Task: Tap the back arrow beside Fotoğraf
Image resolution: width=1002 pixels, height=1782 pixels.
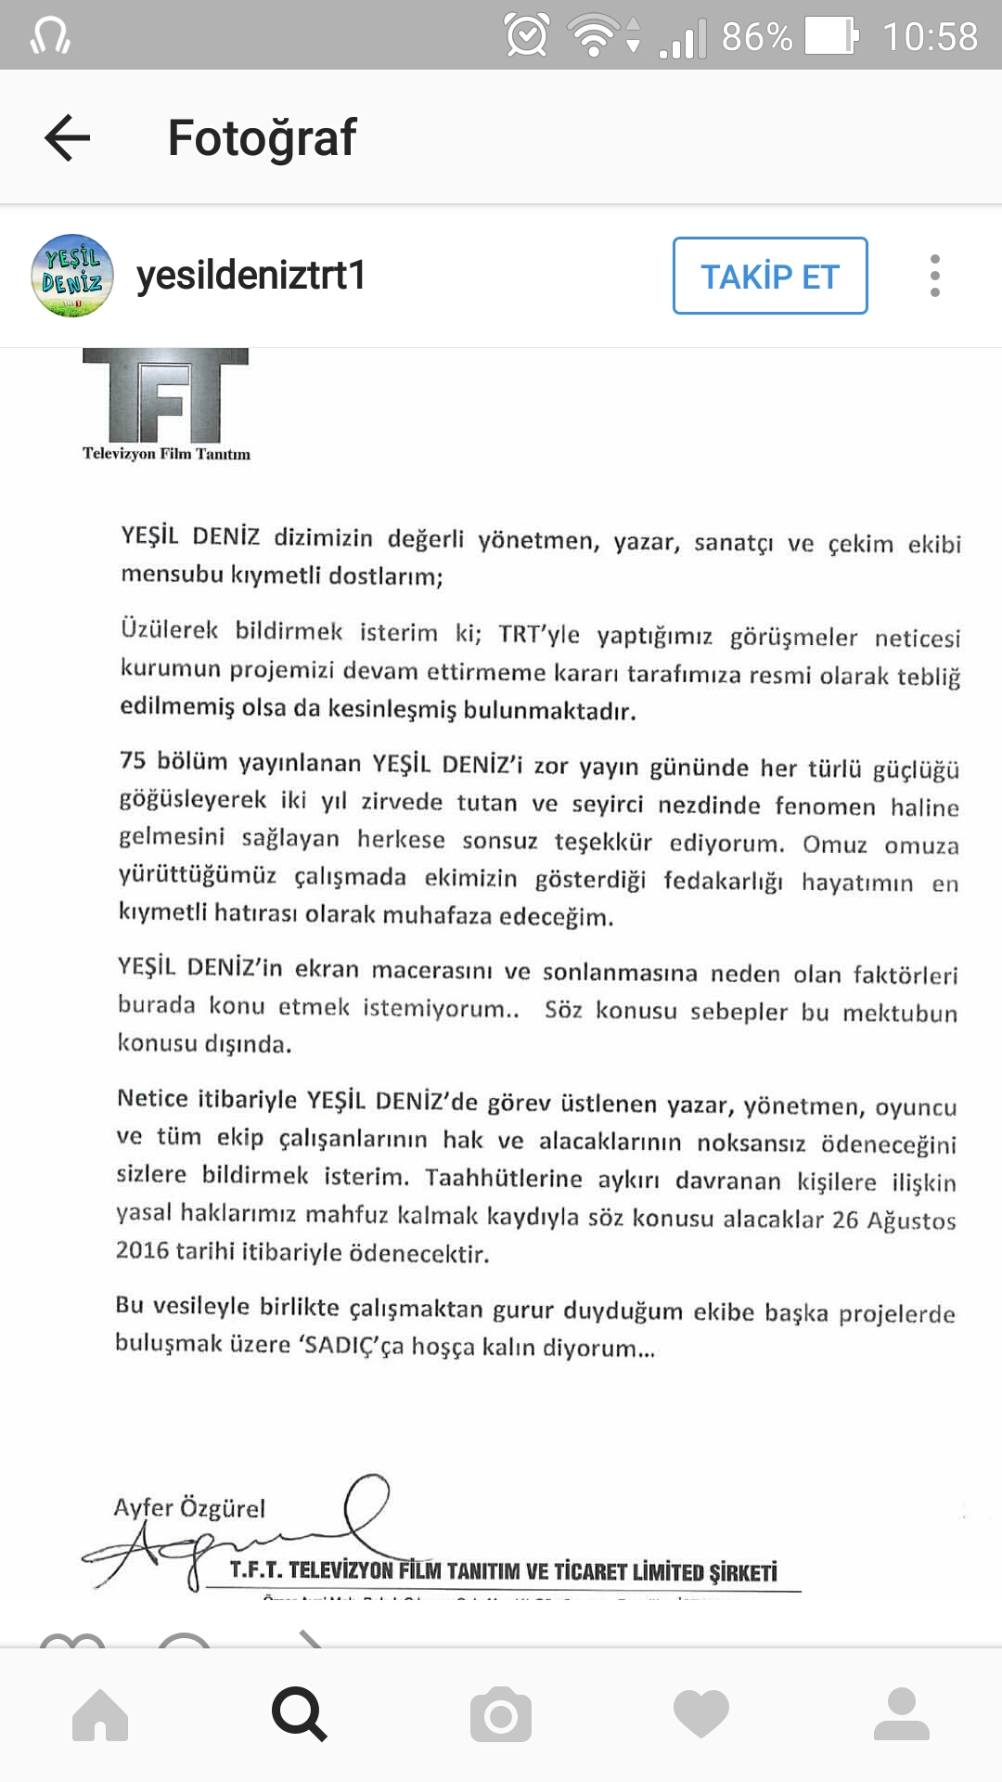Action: pos(68,137)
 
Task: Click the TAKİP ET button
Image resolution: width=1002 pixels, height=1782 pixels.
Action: pos(770,276)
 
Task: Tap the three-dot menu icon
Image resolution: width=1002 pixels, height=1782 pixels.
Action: pos(934,276)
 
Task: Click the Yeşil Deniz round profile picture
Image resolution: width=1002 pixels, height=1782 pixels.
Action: pos(72,276)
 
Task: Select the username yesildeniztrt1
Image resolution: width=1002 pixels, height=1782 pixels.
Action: pos(251,276)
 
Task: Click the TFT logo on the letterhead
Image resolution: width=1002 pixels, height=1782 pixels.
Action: pos(166,396)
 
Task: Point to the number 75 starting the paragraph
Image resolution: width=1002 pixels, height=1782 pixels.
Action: pos(133,760)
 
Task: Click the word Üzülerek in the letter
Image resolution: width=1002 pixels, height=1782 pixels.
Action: pos(169,630)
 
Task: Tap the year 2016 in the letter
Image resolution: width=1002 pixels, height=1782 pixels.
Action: pos(142,1250)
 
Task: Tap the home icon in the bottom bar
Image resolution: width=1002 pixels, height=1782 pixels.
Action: pos(100,1714)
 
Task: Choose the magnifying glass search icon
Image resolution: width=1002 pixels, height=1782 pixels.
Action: pos(299,1714)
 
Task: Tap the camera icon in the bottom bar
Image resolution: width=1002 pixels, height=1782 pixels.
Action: pos(501,1714)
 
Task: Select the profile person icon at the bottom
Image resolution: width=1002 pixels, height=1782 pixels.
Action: pos(901,1714)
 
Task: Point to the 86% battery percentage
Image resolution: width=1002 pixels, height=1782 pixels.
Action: pos(756,37)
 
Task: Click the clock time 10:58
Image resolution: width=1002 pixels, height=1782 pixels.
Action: pos(930,37)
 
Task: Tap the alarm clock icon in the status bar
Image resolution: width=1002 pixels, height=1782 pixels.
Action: pos(526,36)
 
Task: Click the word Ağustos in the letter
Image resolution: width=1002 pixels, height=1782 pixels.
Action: pos(911,1220)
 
